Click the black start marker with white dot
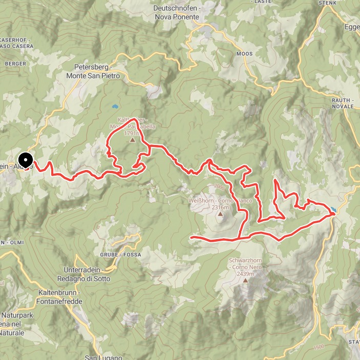point(26,160)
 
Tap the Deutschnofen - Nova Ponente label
point(177,13)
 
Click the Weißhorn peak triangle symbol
point(221,215)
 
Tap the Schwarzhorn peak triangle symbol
point(246,280)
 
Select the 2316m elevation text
point(221,207)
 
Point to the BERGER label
point(15,63)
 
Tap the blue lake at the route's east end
point(334,209)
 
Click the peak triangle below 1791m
point(132,139)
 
